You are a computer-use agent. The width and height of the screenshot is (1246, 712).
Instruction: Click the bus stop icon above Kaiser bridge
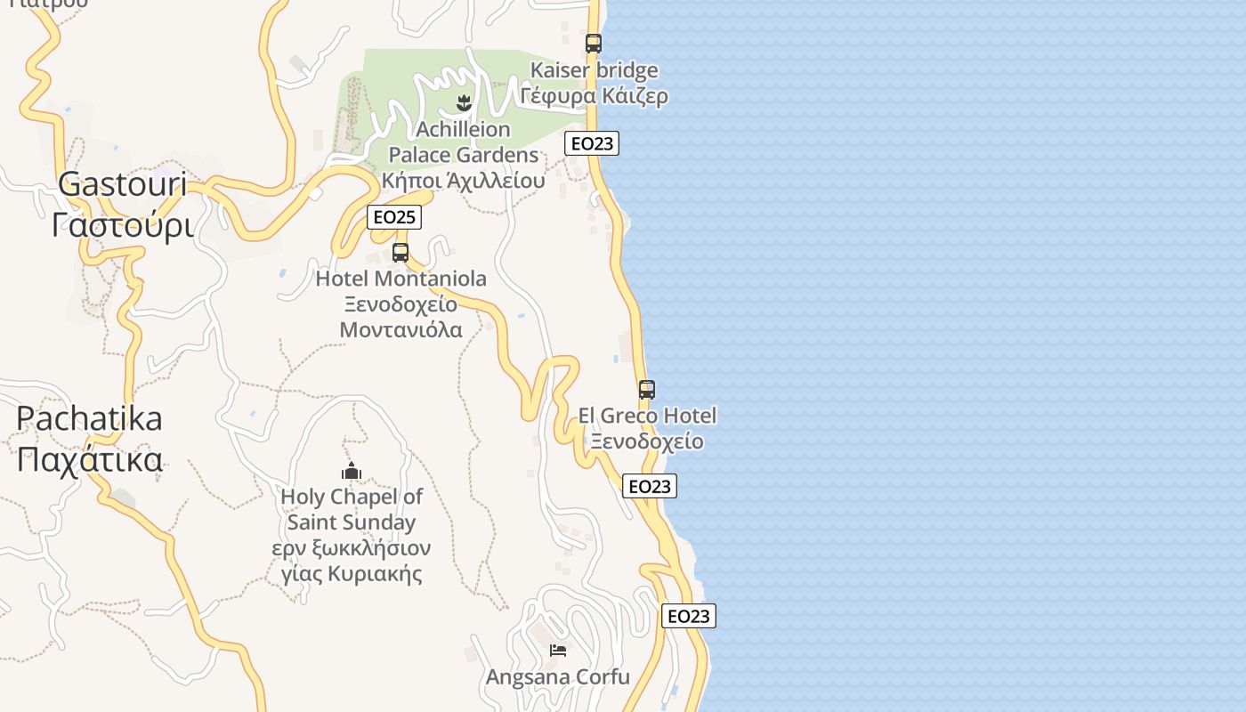[593, 43]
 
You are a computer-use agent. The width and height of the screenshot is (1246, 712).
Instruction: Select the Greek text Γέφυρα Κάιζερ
[594, 96]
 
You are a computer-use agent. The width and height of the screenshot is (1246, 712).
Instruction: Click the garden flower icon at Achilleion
[463, 103]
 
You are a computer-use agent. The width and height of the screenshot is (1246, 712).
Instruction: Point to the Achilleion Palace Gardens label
[463, 142]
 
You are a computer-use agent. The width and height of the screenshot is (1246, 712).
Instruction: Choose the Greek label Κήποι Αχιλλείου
[463, 181]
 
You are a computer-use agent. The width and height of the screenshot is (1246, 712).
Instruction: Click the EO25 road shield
[394, 217]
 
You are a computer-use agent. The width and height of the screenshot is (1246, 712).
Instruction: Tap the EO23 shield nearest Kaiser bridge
[592, 143]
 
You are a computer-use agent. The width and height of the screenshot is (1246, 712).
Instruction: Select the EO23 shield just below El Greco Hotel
[650, 486]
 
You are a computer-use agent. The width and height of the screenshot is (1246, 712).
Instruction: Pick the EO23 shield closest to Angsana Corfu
[689, 616]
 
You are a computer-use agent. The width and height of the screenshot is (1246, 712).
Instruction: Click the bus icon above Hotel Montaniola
[400, 252]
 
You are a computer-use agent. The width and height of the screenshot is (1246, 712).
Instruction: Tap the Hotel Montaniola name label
[401, 279]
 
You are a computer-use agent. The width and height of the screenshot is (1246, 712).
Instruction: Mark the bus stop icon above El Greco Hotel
[647, 389]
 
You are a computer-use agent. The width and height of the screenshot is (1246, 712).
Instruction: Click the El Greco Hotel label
[647, 416]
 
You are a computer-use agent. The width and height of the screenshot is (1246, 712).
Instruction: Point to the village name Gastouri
[123, 185]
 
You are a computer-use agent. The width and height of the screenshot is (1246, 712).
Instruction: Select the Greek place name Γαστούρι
[123, 225]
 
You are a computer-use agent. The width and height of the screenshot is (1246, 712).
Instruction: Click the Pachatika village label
[90, 418]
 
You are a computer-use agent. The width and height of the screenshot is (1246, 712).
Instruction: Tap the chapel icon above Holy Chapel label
[352, 471]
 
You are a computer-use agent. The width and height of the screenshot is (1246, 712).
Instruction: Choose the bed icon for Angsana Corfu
[558, 651]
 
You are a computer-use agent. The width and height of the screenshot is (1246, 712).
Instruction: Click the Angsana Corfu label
[558, 677]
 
